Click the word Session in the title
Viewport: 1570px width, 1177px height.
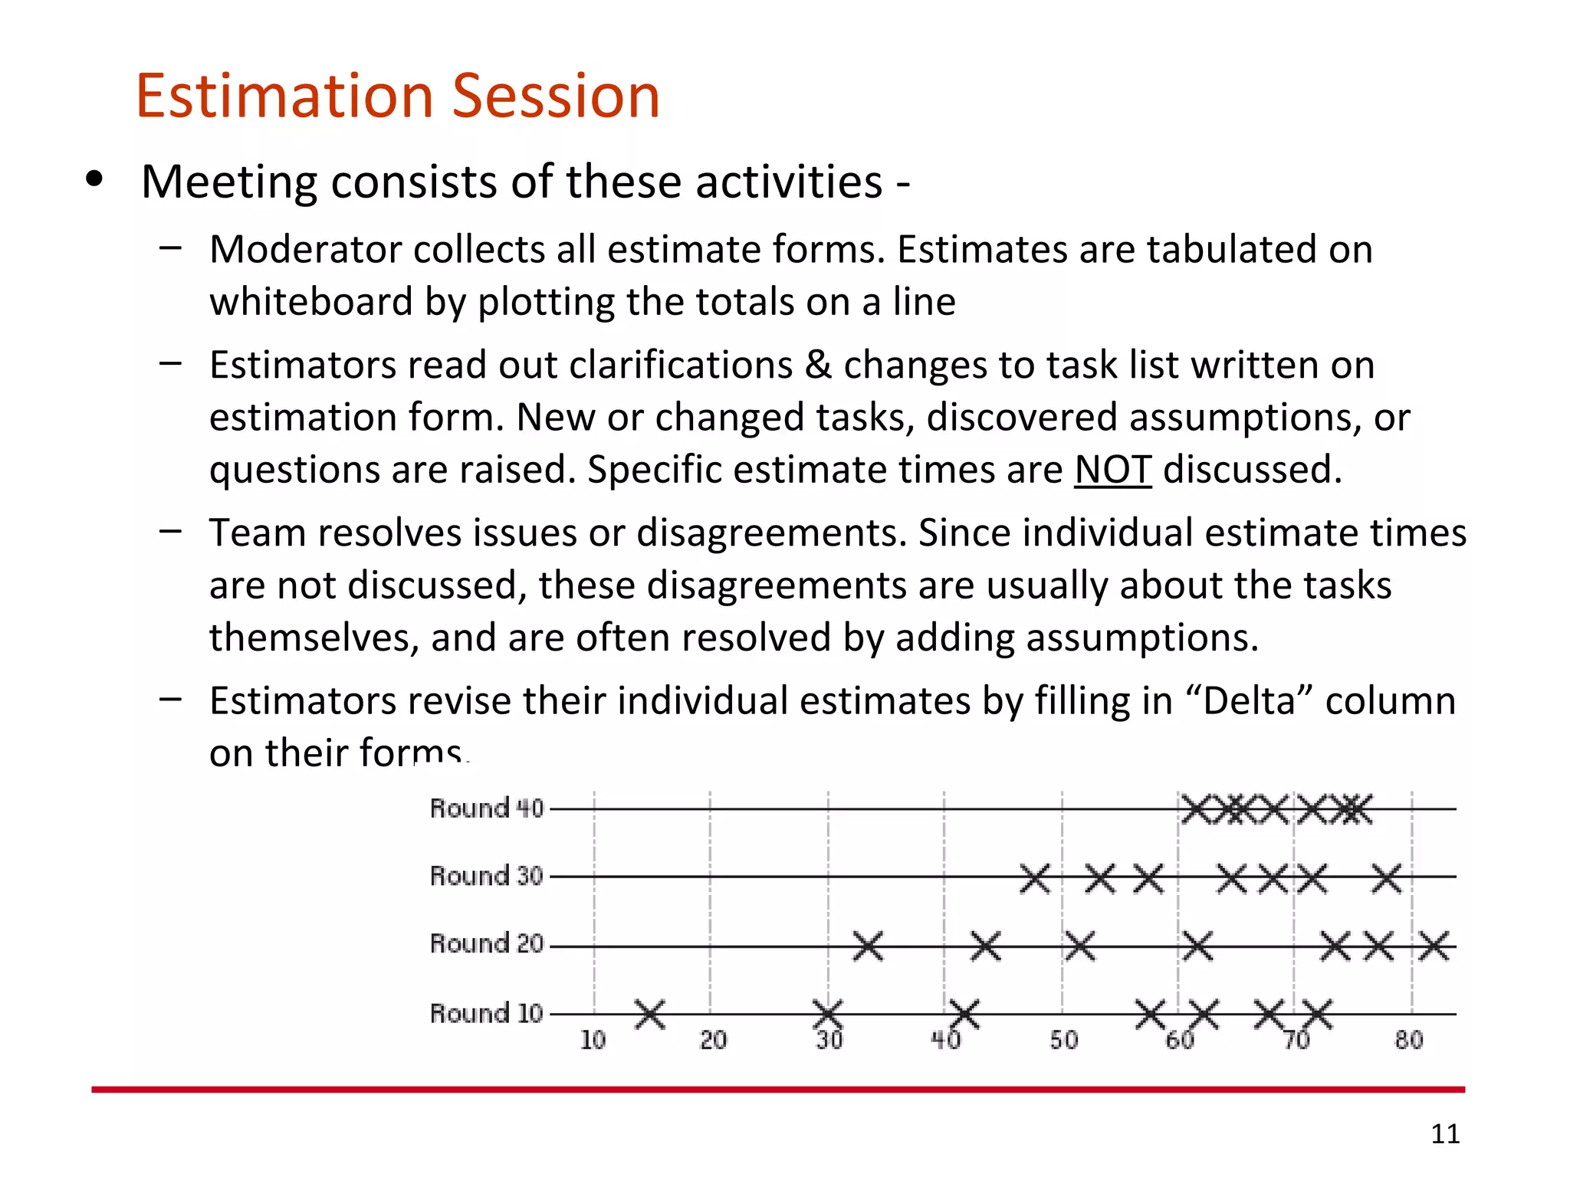pyautogui.click(x=556, y=96)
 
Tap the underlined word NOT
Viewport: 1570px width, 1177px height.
pyautogui.click(x=1112, y=470)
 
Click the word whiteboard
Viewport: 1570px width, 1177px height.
pyautogui.click(x=310, y=302)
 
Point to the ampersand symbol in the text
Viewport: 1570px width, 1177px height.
pyautogui.click(x=818, y=365)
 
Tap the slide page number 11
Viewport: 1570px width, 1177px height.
pyautogui.click(x=1445, y=1133)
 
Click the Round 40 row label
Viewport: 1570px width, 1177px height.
pyautogui.click(x=486, y=808)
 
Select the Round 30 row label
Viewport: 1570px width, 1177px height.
pyautogui.click(x=486, y=876)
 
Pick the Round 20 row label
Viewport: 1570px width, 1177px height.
pyautogui.click(x=486, y=943)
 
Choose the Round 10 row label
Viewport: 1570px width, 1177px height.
pyautogui.click(x=486, y=1013)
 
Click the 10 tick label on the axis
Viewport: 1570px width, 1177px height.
pyautogui.click(x=593, y=1041)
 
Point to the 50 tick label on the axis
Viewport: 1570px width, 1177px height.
pyautogui.click(x=1063, y=1041)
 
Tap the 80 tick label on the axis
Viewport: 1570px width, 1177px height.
pyautogui.click(x=1409, y=1041)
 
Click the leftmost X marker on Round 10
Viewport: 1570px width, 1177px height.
pyautogui.click(x=650, y=1014)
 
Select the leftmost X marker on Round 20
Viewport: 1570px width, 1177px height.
pyautogui.click(x=868, y=946)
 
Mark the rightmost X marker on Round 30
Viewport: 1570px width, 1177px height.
pyautogui.click(x=1386, y=878)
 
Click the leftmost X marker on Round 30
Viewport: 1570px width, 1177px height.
pyautogui.click(x=1035, y=878)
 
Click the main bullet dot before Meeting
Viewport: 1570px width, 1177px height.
pyautogui.click(x=94, y=179)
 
